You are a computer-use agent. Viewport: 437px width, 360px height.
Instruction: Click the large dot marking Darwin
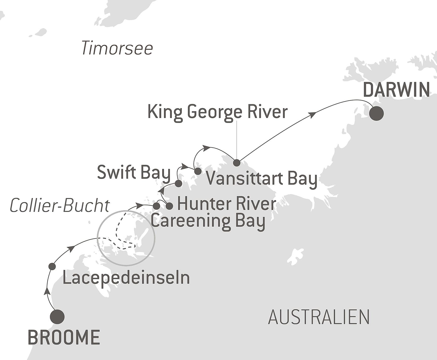[376, 113]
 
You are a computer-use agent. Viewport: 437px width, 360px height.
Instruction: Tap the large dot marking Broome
[57, 317]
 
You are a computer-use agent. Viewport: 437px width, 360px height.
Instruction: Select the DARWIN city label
[396, 90]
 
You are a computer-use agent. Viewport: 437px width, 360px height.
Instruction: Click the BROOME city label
[64, 337]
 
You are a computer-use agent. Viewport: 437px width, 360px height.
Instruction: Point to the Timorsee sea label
[117, 48]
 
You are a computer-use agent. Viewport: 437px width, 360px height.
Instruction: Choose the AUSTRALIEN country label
[319, 317]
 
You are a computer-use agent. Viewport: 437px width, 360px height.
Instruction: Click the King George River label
[217, 112]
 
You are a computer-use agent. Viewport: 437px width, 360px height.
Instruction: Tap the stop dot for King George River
[237, 162]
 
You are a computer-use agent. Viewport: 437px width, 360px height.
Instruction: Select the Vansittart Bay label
[262, 178]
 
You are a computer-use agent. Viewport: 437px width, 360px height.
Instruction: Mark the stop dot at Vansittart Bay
[198, 171]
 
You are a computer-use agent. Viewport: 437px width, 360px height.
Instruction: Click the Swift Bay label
[134, 173]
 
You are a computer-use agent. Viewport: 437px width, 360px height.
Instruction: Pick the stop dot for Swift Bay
[178, 183]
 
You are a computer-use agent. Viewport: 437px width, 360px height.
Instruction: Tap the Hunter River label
[226, 204]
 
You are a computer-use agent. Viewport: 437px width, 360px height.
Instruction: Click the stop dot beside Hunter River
[169, 206]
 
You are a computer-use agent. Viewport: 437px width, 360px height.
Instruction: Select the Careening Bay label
[208, 221]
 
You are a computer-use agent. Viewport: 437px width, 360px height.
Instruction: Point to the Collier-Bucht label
[60, 206]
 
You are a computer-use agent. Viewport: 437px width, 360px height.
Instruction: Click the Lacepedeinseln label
[126, 278]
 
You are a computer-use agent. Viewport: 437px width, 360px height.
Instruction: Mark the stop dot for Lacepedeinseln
[52, 266]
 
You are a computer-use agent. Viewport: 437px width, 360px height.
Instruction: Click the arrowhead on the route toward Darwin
[313, 115]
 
